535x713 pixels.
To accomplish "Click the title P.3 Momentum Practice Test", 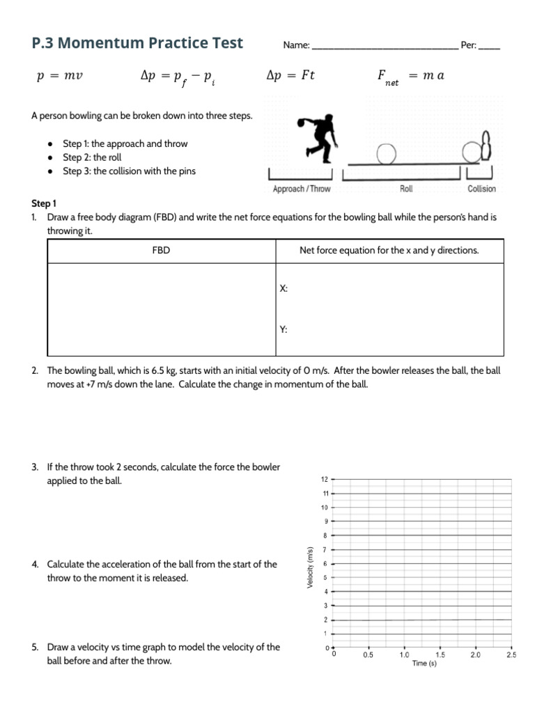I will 138,43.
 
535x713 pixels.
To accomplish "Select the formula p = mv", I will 59,76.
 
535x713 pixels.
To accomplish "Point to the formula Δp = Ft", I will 290,76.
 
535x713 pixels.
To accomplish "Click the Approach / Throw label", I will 302,189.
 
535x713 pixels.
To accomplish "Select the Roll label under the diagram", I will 405,189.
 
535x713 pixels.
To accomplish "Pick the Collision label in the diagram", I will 481,189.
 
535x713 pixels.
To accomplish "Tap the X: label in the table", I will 284,288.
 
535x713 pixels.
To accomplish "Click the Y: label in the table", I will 284,330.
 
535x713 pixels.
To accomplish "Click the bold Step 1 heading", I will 43,203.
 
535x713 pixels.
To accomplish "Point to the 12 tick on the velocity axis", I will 325,480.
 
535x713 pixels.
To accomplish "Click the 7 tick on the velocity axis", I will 325,550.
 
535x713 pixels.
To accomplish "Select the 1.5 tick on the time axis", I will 440,655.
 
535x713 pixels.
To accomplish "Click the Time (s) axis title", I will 424,664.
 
